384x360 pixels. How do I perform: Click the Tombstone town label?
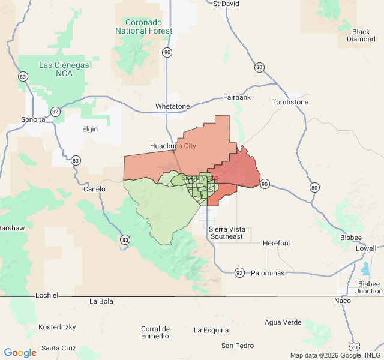(290, 102)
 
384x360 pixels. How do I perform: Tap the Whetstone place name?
(172, 106)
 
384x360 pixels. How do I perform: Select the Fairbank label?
(237, 97)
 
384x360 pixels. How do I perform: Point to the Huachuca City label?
(173, 146)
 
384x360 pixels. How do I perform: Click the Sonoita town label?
(33, 119)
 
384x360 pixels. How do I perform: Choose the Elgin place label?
(90, 128)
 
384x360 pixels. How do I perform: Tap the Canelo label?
(94, 189)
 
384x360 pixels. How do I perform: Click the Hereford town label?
(277, 243)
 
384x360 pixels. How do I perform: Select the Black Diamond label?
(361, 35)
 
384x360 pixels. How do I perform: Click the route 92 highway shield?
(239, 273)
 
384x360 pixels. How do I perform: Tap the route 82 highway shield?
(55, 112)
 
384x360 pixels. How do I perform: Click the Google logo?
(20, 352)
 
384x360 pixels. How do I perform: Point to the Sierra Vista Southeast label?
(226, 232)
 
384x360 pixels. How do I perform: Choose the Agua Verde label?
(283, 322)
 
